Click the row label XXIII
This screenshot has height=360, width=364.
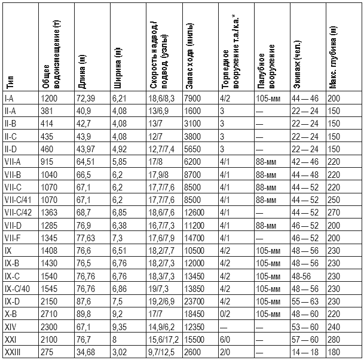pyautogui.click(x=12, y=352)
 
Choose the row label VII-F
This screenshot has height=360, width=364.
pyautogui.click(x=14, y=238)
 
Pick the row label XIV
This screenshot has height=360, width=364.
pyautogui.click(x=10, y=327)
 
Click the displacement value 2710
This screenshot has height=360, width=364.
pyautogui.click(x=50, y=313)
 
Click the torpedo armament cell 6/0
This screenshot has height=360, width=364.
pyautogui.click(x=225, y=339)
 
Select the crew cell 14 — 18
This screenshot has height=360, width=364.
pyautogui.click(x=304, y=352)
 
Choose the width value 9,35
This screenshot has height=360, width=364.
pyautogui.click(x=120, y=327)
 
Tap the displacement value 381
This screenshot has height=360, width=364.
pyautogui.click(x=47, y=111)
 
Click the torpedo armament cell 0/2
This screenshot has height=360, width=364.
pyautogui.click(x=225, y=313)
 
